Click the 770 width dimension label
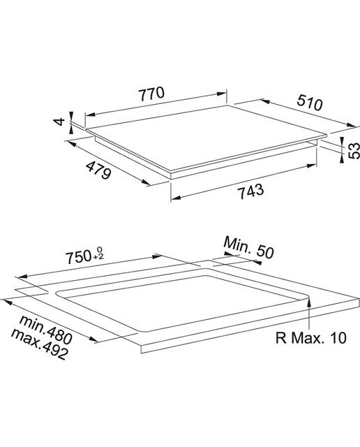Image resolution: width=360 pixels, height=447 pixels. pos(151,94)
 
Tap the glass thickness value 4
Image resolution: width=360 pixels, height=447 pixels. pos(60,122)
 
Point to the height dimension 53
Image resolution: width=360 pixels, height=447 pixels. pos(354,151)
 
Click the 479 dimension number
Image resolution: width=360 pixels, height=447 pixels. pos(98,170)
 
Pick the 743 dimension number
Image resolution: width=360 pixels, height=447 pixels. pos(251,191)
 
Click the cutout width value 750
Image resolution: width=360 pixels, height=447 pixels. pos(78,258)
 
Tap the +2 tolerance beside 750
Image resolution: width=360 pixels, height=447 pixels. pos(98,257)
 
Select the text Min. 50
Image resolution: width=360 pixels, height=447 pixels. pos(248,248)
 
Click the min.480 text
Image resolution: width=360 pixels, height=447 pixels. pos(45,330)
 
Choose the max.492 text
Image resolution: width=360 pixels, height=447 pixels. pos(39,344)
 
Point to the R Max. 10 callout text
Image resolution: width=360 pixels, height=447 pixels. pos(310,338)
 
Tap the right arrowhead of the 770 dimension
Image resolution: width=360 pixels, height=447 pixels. pos(222,93)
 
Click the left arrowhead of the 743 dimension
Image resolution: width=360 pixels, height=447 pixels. pos(176,198)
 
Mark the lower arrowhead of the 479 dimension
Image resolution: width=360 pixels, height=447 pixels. pos(146,182)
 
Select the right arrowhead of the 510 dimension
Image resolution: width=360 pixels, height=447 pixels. pos(351,125)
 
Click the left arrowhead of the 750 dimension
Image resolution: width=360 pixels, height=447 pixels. pos(22,276)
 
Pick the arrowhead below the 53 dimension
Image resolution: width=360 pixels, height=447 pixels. pos(341,159)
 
